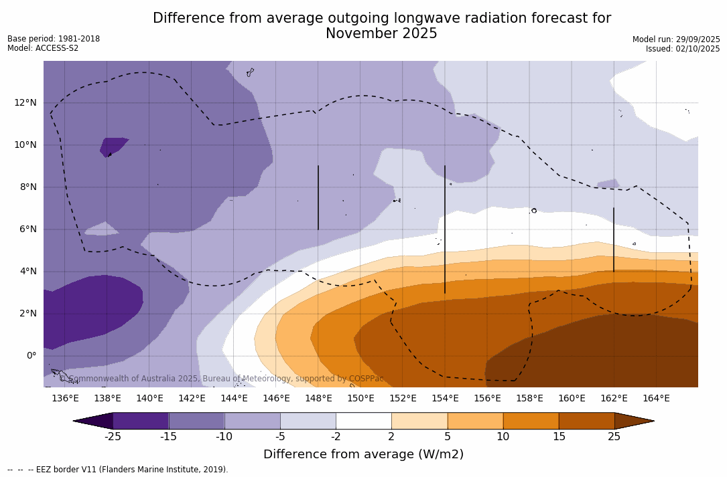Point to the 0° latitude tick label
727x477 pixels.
pos(30,355)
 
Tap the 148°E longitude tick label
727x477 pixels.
pos(318,399)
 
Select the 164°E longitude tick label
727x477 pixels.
pos(656,399)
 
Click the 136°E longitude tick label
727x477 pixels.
pos(65,399)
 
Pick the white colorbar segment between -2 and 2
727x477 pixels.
pos(363,421)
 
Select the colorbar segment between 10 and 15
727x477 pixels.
pos(531,421)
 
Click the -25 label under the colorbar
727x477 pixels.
pos(113,437)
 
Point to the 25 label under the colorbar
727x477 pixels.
pos(614,437)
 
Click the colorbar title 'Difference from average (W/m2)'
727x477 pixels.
pos(363,454)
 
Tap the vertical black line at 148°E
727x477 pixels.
pos(318,197)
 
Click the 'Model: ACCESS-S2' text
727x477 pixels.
pos(43,48)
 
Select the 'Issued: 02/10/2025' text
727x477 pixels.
pos(683,49)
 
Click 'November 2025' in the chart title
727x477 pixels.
pos(381,33)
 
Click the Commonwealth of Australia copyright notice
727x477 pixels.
pos(221,379)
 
